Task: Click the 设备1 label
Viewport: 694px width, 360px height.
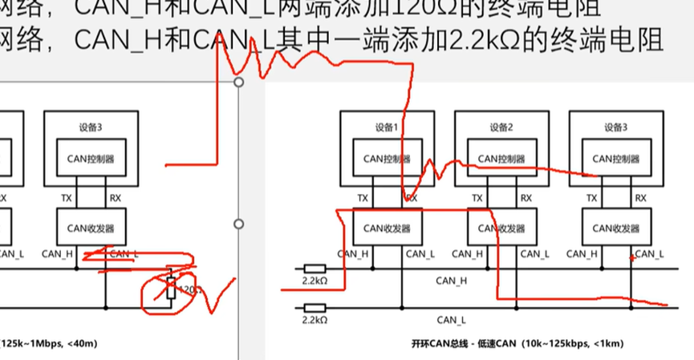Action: pos(387,127)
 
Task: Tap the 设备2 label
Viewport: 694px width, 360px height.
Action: pos(501,127)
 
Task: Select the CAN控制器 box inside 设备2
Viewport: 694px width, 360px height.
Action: pos(501,159)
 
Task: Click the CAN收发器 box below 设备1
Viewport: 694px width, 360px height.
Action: pos(387,228)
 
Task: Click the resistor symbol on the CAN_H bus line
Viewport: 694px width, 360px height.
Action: pos(314,267)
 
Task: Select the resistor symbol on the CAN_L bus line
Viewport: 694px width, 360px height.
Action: pos(314,307)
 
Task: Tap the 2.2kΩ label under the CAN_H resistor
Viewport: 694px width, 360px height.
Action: pos(314,281)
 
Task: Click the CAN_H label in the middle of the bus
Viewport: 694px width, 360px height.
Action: pos(451,281)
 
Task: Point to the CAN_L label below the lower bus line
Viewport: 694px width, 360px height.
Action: pos(451,320)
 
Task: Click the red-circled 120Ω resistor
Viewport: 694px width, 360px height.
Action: pos(170,289)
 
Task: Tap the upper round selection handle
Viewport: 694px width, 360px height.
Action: pos(239,83)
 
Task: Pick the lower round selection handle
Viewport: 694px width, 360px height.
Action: pos(239,224)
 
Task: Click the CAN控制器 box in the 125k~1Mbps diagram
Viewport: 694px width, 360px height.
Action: pos(107,159)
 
